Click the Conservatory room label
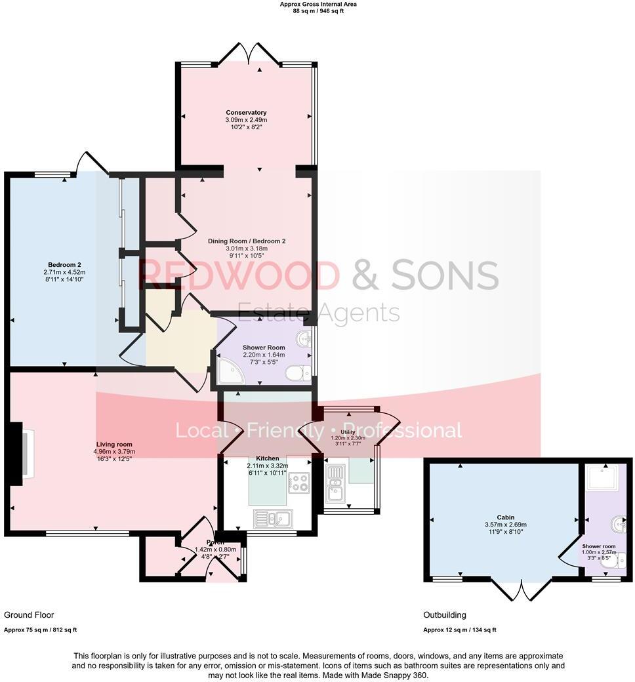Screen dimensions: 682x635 click(x=246, y=113)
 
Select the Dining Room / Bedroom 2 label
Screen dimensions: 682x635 click(x=246, y=241)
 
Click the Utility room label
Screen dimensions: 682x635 click(x=348, y=432)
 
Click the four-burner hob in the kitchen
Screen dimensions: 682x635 click(x=298, y=483)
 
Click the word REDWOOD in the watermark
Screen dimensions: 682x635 click(x=239, y=275)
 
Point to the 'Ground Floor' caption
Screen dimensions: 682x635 click(x=29, y=615)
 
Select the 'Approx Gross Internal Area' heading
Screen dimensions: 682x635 click(x=317, y=4)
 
